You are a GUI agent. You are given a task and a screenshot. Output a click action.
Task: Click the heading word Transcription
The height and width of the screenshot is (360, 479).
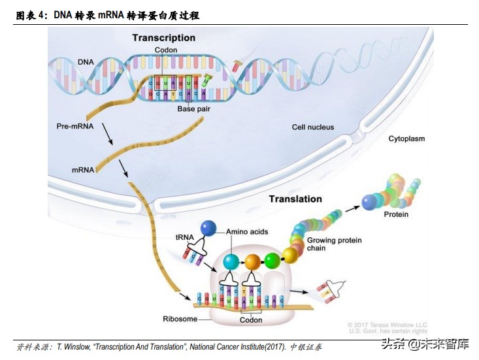click(x=163, y=38)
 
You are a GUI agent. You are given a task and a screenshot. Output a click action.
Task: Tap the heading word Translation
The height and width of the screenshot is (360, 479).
click(x=295, y=199)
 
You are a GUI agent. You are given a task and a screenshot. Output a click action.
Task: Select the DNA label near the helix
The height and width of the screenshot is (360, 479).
click(x=86, y=61)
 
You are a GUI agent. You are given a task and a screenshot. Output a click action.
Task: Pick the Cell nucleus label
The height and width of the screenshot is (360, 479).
click(x=312, y=127)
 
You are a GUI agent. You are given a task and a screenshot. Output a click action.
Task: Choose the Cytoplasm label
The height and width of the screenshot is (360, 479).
click(x=406, y=139)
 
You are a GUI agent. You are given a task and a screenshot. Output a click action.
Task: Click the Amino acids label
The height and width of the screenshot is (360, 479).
click(x=247, y=232)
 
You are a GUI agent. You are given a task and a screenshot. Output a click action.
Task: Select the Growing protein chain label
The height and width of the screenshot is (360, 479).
click(x=334, y=244)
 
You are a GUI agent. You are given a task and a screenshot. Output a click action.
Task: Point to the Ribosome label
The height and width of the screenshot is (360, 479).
click(x=179, y=319)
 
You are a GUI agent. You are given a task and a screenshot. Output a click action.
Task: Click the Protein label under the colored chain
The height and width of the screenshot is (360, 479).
click(x=396, y=214)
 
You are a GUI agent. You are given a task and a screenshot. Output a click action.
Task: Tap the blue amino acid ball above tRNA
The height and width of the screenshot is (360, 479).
click(x=208, y=227)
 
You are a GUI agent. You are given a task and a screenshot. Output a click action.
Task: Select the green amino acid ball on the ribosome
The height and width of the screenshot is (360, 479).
click(x=273, y=261)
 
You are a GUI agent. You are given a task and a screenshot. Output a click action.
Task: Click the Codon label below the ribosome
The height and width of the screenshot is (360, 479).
click(x=251, y=320)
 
